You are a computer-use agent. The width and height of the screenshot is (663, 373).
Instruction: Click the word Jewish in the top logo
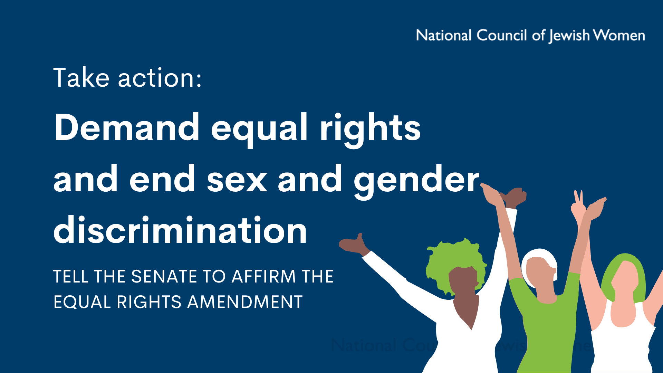569,36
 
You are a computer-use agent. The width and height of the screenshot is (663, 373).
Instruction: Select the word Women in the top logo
619,35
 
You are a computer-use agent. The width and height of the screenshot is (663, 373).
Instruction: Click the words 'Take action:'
127,77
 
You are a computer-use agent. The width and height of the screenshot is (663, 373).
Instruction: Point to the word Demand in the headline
127,127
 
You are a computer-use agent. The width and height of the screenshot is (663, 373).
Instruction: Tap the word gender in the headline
417,180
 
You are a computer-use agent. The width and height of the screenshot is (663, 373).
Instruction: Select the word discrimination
180,229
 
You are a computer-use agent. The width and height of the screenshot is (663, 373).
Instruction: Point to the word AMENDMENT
245,302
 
